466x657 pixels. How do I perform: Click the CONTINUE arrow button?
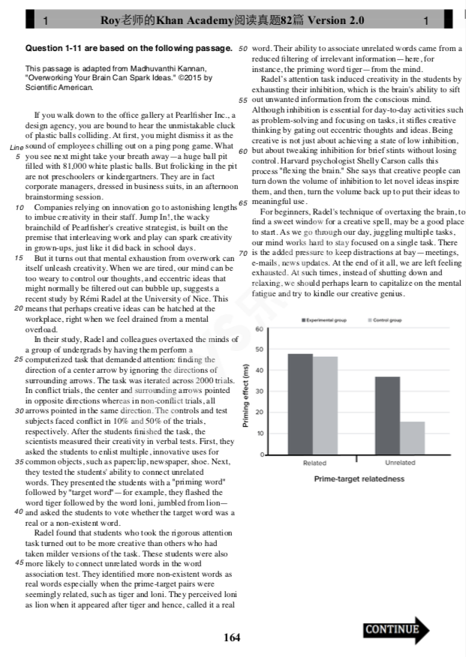pos(396,630)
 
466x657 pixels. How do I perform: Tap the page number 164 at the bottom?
pos(232,637)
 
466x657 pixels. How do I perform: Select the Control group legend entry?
pos(385,320)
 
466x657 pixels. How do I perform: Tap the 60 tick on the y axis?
pos(258,329)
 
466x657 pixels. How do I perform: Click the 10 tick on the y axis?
pos(258,433)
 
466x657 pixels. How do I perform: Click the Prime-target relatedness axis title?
pos(359,478)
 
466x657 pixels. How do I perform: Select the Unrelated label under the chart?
pos(400,463)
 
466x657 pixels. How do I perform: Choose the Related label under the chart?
pos(314,463)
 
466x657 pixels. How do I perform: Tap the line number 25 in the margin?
pos(20,359)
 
